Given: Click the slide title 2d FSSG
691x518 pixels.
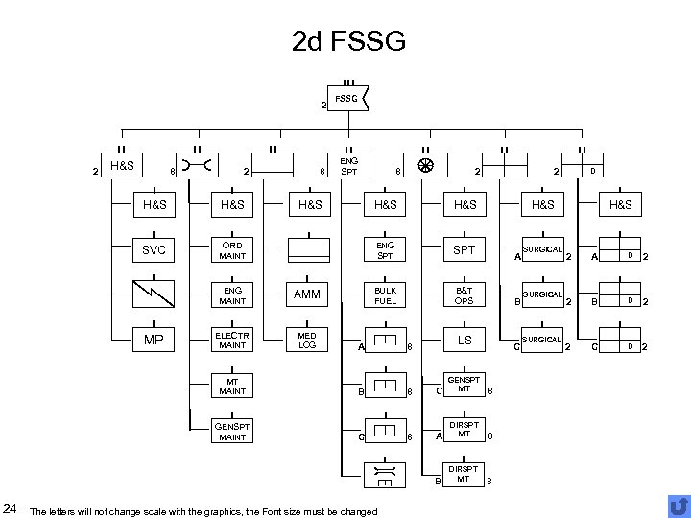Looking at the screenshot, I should click(348, 41).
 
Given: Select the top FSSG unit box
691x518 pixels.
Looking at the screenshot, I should click(348, 98).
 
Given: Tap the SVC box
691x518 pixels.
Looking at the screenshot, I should click(154, 250).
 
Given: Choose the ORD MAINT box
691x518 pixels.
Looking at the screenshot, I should click(233, 250).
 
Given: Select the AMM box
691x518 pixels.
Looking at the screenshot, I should click(307, 295).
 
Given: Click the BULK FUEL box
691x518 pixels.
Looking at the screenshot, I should click(385, 295).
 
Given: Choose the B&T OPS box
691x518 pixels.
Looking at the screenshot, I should click(465, 295).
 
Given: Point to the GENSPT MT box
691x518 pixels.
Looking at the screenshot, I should click(465, 386).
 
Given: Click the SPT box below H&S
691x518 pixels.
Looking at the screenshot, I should click(465, 250).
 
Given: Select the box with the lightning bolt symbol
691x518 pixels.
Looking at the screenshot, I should click(154, 295).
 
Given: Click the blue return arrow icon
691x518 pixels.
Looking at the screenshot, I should click(678, 506).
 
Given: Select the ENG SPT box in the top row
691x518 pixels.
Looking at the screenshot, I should click(348, 167).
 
